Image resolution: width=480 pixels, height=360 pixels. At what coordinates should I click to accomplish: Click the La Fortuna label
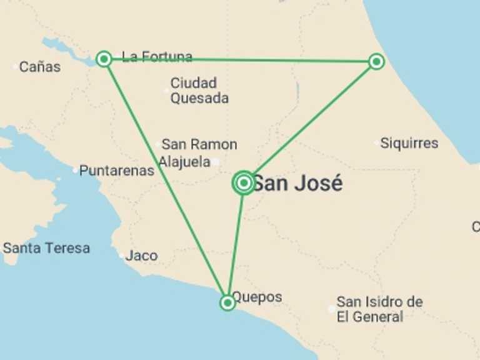pos(157,57)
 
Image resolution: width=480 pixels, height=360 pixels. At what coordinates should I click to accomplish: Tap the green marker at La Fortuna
pos(104,59)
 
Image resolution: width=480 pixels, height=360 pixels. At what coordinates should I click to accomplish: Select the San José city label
pos(297,184)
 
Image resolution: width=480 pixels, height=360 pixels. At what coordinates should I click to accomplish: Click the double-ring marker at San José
pos(244,182)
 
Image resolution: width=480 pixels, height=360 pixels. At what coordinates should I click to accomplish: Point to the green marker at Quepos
pos(227,303)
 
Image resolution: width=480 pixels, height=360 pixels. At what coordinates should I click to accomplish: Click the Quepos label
pos(257,297)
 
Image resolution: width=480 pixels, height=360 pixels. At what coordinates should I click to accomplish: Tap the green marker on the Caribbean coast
pos(376,61)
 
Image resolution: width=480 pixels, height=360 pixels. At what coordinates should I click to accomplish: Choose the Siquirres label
pos(409,143)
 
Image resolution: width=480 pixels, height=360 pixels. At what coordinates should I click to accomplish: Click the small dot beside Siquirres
pos(376,144)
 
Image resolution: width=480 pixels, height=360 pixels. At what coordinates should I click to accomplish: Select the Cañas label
pos(40,66)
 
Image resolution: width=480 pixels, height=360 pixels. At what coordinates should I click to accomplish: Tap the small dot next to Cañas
pos(15,66)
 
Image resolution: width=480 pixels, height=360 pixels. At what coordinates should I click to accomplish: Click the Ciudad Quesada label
pos(199,91)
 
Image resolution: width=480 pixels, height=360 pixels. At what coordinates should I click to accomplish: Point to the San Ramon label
pos(199,144)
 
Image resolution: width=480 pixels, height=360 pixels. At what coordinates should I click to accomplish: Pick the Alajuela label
pos(184,162)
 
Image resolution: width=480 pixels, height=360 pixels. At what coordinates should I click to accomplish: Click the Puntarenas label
pos(117,170)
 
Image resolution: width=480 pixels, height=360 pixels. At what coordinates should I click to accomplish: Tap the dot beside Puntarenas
pos(75,170)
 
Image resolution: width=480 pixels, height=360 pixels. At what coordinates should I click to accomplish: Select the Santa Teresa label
pos(46,248)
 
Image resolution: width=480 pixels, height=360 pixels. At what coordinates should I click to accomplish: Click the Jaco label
pos(141,256)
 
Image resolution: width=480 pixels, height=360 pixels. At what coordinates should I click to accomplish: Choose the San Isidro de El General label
pos(379,309)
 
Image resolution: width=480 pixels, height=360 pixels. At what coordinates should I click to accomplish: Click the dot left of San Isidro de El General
pos(331,309)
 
